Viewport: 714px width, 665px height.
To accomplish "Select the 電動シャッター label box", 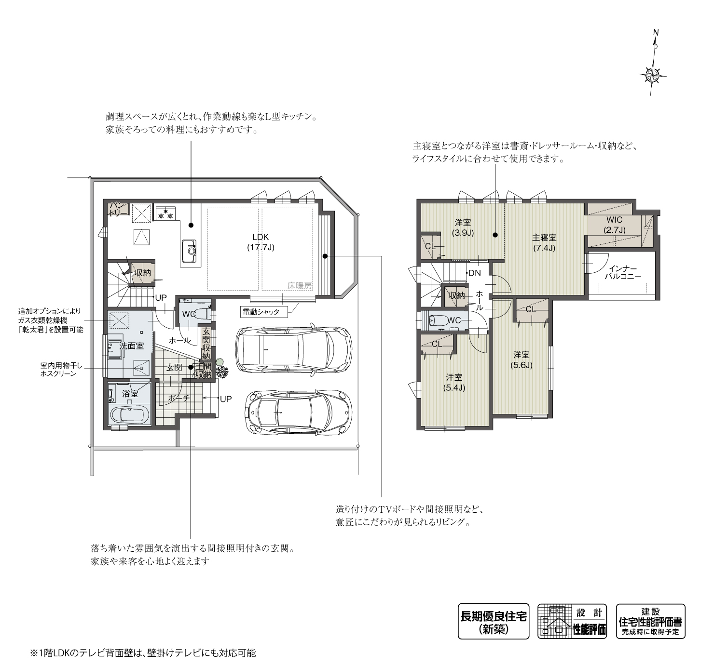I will (263, 312).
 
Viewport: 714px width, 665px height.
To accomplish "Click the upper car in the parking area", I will (293, 350).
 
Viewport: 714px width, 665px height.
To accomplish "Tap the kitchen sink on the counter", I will (190, 249).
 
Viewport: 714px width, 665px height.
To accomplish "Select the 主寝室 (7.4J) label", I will (544, 243).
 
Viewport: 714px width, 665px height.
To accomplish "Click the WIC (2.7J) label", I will (614, 225).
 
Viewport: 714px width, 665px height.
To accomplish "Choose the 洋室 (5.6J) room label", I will (522, 359).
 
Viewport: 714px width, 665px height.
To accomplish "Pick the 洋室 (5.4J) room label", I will (454, 382).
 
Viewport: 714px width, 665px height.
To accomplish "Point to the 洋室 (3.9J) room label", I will (463, 227).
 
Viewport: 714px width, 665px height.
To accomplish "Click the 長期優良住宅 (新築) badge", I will (493, 622).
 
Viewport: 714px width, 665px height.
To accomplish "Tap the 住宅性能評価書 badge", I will (650, 622).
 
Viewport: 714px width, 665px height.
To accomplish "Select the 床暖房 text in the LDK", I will (300, 285).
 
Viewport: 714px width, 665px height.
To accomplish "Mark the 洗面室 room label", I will (131, 346).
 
